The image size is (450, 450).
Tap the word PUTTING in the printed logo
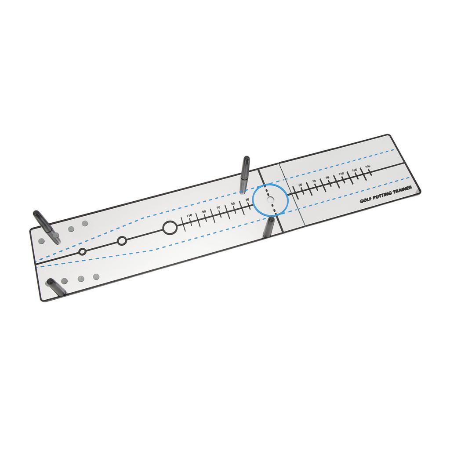pyautogui.click(x=383, y=196)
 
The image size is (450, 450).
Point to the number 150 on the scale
pyautogui.click(x=367, y=165)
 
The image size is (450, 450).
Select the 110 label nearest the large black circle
pyautogui.click(x=189, y=215)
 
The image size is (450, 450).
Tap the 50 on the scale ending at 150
pyautogui.click(x=300, y=185)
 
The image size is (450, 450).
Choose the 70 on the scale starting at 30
pyautogui.click(x=218, y=208)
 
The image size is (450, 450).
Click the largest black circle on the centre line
pyautogui.click(x=170, y=228)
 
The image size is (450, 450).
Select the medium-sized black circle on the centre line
pyautogui.click(x=122, y=240)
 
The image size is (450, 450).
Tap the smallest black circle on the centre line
pyautogui.click(x=82, y=252)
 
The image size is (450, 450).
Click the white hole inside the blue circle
pyautogui.click(x=270, y=200)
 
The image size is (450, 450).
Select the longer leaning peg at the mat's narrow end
pyautogui.click(x=46, y=226)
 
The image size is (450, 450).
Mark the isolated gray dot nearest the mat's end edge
pyautogui.click(x=41, y=241)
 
